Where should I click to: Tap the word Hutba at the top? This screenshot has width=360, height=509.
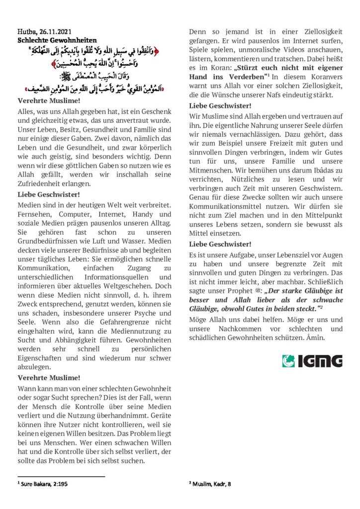pyautogui.click(x=26, y=31)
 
